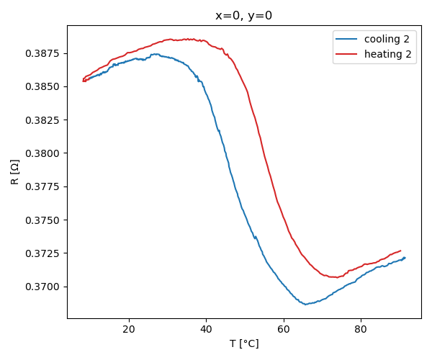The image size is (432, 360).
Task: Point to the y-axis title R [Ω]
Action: (x=15, y=172)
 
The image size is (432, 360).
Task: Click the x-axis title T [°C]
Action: (x=244, y=343)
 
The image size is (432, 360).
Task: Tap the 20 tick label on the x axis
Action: (x=129, y=329)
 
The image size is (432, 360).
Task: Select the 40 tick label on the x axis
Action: (x=206, y=329)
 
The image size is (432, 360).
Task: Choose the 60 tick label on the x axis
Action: (x=284, y=329)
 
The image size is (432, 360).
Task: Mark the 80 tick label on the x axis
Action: (x=361, y=329)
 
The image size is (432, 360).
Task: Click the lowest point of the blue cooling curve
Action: (x=305, y=305)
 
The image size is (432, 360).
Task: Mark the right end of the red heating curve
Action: (x=400, y=251)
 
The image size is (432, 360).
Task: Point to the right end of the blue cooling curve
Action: (x=405, y=258)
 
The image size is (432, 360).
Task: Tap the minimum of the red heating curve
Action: (x=336, y=277)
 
